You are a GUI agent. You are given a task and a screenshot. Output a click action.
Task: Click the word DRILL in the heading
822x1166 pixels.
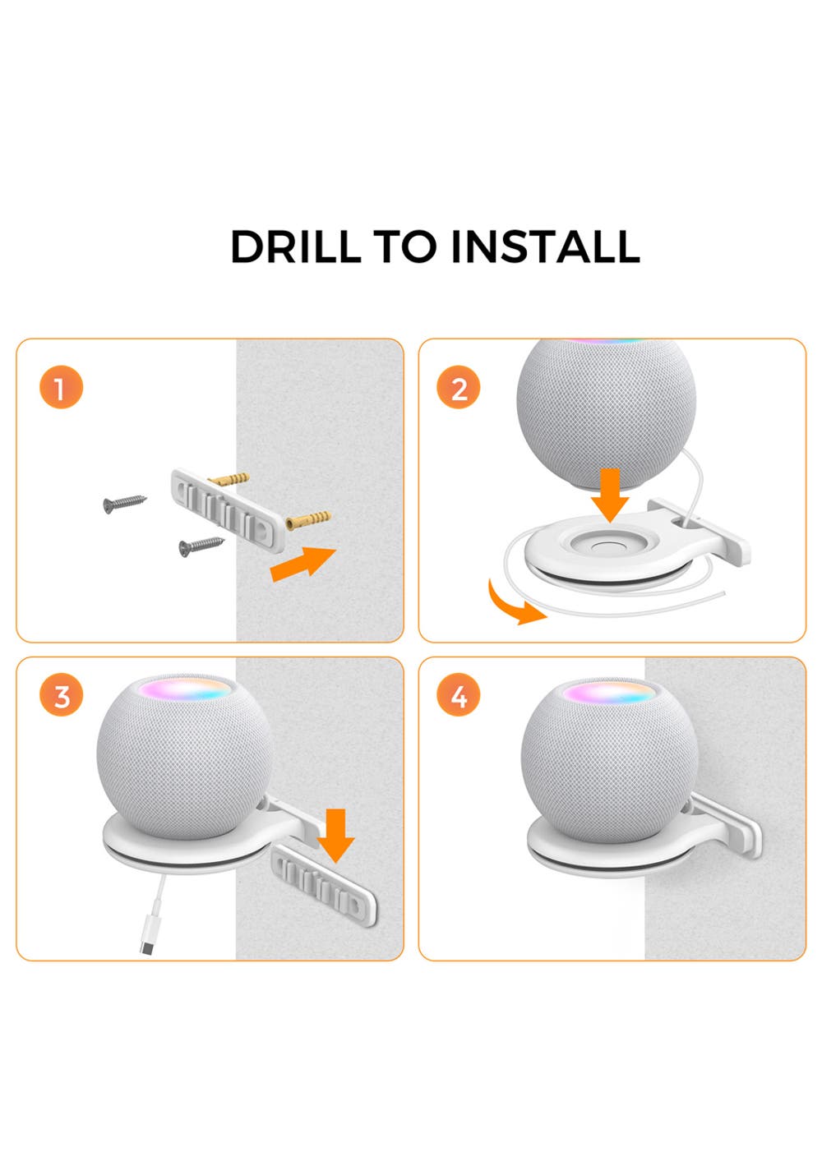click(296, 247)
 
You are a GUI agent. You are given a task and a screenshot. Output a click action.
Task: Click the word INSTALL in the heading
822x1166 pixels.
click(545, 247)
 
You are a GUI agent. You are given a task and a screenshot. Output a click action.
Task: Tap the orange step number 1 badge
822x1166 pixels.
click(62, 387)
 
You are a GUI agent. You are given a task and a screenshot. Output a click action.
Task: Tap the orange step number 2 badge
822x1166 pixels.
click(458, 387)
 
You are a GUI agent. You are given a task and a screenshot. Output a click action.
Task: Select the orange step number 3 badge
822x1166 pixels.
click(62, 695)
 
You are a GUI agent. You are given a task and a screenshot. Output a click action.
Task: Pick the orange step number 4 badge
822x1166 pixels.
click(458, 695)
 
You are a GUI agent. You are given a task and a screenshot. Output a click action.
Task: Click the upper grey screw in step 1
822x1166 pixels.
click(124, 503)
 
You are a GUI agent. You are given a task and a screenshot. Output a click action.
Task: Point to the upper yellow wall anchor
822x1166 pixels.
click(229, 479)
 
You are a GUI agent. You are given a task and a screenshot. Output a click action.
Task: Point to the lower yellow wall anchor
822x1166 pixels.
click(308, 520)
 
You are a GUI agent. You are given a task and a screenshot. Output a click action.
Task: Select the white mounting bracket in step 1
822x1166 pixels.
click(229, 509)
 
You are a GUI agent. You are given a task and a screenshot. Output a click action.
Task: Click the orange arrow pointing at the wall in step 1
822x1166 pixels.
click(303, 564)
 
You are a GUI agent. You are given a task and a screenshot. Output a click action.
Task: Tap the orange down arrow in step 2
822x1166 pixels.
click(610, 495)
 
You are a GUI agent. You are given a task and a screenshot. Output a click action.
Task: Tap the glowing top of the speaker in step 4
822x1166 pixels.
click(608, 693)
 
